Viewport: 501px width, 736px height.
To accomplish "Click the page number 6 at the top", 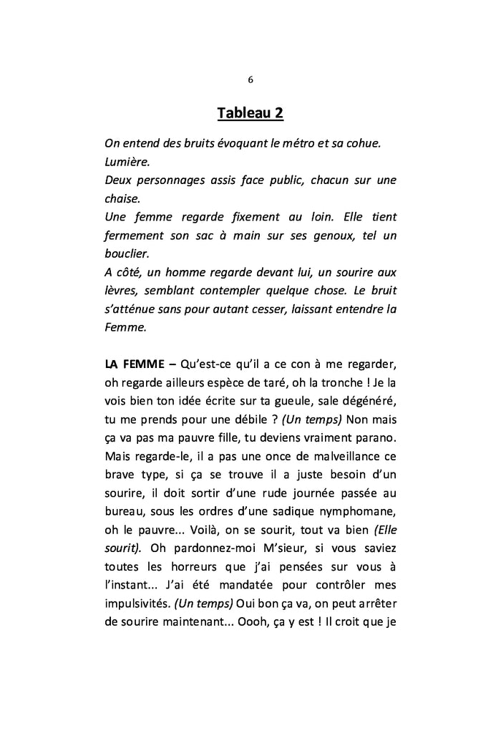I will tap(250, 79).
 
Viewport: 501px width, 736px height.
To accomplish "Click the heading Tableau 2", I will tap(250, 114).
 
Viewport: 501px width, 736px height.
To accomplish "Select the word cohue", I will tap(363, 143).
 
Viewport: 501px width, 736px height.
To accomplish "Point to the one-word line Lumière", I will tap(127, 162).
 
